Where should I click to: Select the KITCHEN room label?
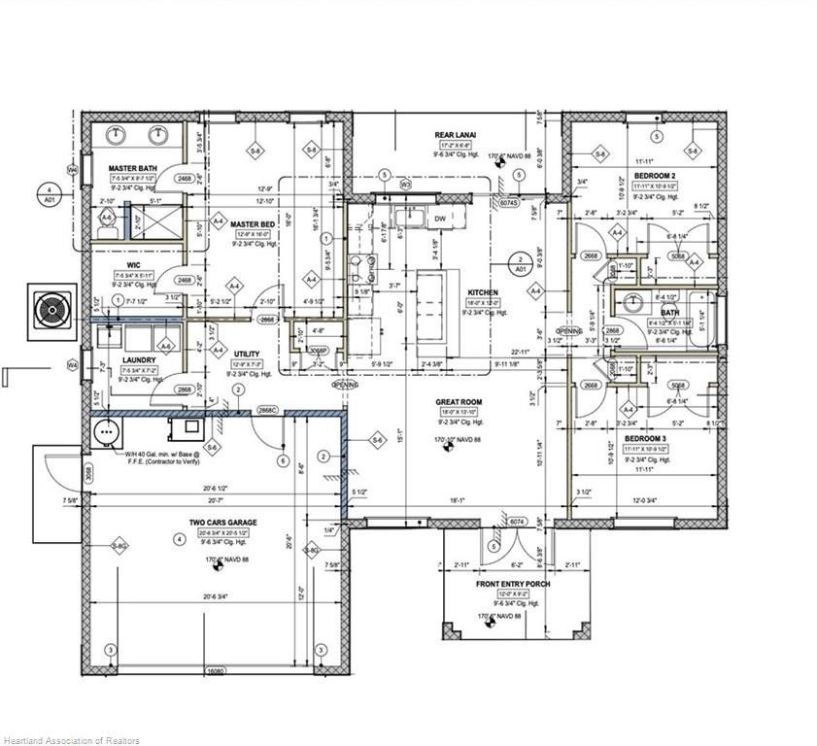pos(483,292)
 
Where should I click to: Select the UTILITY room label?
pos(246,354)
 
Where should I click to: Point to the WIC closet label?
pos(134,263)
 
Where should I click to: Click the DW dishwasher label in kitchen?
pos(440,219)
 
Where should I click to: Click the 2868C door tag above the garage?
pos(269,411)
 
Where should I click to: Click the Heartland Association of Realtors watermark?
pos(71,740)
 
